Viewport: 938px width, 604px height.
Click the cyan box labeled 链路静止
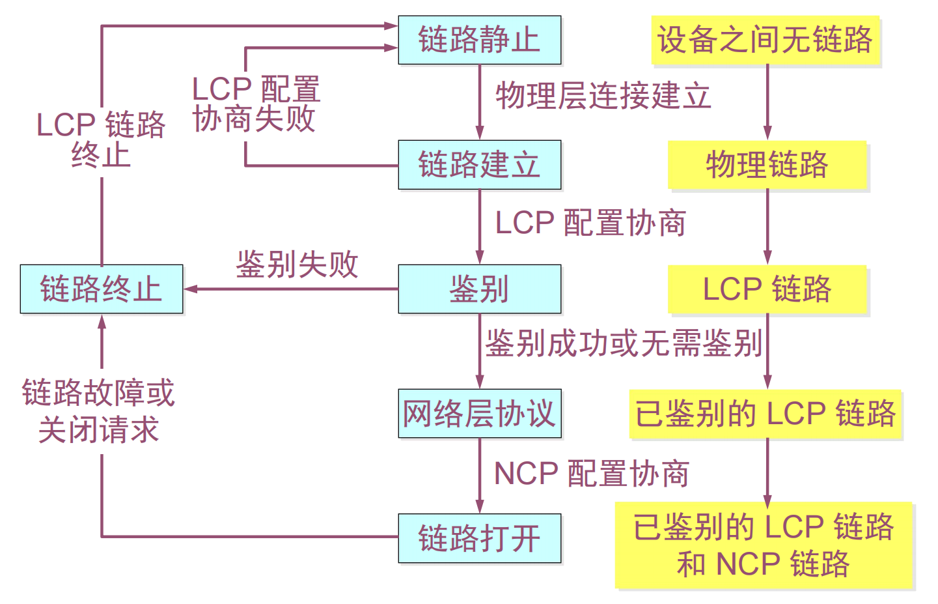pyautogui.click(x=479, y=40)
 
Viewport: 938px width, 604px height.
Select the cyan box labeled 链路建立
pyautogui.click(x=479, y=164)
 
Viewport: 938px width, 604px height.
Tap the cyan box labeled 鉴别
pyautogui.click(x=479, y=289)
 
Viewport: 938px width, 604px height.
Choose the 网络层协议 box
pyautogui.click(x=479, y=413)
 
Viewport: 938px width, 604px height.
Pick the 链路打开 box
pyautogui.click(x=479, y=538)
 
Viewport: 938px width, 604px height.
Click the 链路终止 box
pyautogui.click(x=102, y=289)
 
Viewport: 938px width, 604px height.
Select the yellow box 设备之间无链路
pyautogui.click(x=765, y=40)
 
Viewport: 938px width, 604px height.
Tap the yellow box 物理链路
pyautogui.click(x=767, y=164)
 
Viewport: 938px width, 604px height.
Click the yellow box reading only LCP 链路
pyautogui.click(x=767, y=289)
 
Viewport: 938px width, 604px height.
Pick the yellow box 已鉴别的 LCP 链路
pyautogui.click(x=765, y=413)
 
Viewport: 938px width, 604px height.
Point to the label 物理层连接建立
pyautogui.click(x=603, y=96)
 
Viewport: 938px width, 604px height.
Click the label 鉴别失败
pyautogui.click(x=297, y=265)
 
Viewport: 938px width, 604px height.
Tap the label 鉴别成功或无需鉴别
pyautogui.click(x=624, y=343)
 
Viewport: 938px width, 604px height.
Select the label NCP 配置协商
pyautogui.click(x=592, y=474)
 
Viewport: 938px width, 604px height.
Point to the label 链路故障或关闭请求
pyautogui.click(x=98, y=411)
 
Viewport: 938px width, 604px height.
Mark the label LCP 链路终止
pyautogui.click(x=101, y=139)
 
